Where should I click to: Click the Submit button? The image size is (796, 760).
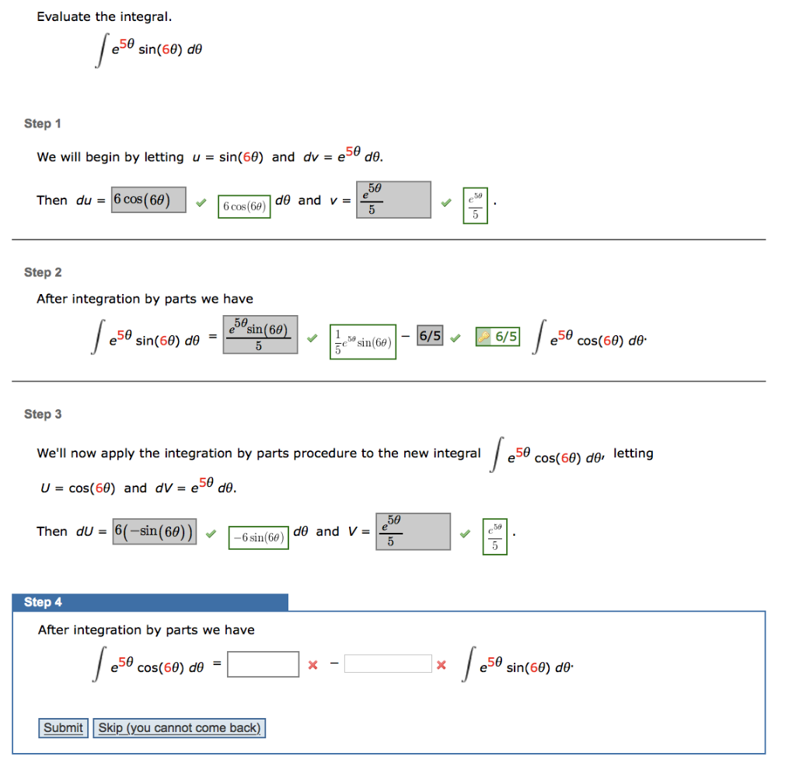[63, 728]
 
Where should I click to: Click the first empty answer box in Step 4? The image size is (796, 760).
[263, 664]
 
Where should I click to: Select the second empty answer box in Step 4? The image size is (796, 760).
[388, 664]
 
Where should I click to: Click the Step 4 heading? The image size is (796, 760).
[44, 602]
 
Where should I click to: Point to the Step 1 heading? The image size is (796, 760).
[43, 124]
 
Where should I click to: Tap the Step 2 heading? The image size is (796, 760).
[43, 272]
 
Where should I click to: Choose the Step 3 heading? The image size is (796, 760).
[43, 414]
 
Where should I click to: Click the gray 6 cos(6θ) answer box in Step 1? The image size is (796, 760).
[149, 200]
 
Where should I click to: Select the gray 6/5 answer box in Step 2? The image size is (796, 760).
[430, 337]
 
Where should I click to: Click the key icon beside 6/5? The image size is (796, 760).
[484, 337]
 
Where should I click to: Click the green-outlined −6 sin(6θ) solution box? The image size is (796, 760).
[259, 538]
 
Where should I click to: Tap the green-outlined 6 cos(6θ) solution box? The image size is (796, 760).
[244, 206]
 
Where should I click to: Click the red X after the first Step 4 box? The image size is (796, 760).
[312, 665]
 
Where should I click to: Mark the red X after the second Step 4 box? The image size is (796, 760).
[441, 665]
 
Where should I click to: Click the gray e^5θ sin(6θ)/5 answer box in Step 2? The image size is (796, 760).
[260, 335]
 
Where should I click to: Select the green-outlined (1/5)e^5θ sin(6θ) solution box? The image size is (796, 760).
[362, 342]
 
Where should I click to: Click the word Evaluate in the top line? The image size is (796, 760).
[64, 16]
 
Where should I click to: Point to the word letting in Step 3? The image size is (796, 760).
[633, 454]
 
